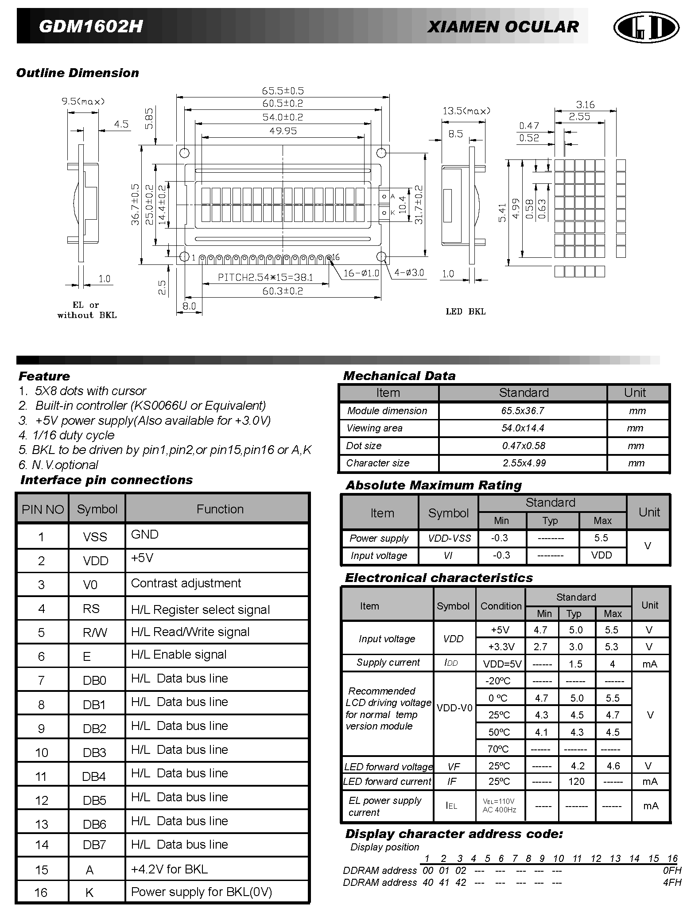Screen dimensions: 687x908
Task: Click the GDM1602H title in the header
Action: click(91, 27)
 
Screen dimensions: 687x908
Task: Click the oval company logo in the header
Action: click(646, 27)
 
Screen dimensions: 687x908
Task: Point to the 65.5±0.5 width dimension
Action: click(283, 91)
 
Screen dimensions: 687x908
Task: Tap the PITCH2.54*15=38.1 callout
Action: click(265, 278)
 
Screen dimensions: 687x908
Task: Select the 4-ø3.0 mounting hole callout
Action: click(409, 273)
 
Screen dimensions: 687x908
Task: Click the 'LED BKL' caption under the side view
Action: click(466, 312)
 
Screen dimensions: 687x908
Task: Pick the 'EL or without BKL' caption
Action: click(87, 310)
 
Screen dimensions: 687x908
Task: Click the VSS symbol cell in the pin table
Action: click(95, 537)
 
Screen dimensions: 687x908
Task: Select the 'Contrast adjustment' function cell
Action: click(186, 583)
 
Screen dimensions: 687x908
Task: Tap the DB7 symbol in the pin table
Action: click(94, 845)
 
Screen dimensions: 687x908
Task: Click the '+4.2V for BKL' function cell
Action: click(169, 869)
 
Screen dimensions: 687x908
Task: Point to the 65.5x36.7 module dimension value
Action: click(523, 411)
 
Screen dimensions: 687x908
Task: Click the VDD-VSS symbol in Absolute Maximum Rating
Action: click(449, 538)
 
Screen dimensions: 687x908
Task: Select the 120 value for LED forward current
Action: click(576, 781)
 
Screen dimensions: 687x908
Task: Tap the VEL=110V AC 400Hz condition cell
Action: click(499, 806)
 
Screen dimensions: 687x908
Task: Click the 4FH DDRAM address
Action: click(672, 882)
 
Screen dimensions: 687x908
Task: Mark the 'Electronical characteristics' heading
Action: click(439, 578)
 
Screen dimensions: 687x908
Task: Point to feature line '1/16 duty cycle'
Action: click(66, 435)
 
